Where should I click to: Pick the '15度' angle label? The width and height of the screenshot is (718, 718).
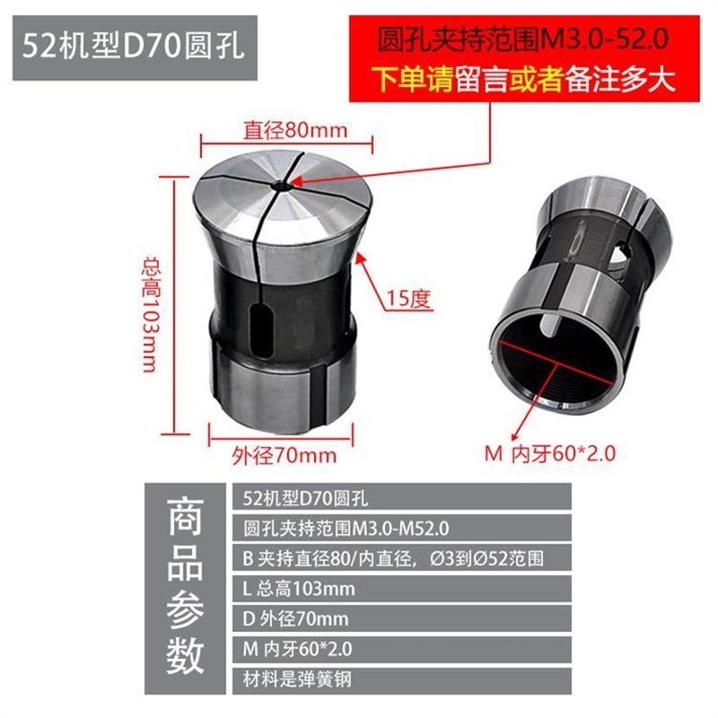pyautogui.click(x=408, y=299)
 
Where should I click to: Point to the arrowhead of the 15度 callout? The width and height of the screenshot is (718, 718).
pyautogui.click(x=361, y=256)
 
